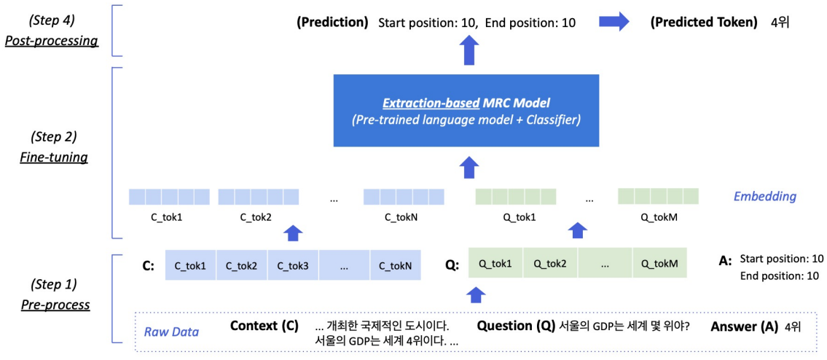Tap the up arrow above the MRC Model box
tap(469, 52)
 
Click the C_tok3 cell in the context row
tap(292, 266)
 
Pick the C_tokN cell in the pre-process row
tap(395, 266)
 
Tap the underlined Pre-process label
tap(55, 305)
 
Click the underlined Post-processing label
tap(51, 41)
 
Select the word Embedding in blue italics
tap(764, 196)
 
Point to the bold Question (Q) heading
tap(516, 326)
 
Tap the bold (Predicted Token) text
tap(705, 23)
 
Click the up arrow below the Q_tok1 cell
tap(475, 294)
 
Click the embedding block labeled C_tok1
tap(169, 197)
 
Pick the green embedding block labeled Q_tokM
tap(658, 197)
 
